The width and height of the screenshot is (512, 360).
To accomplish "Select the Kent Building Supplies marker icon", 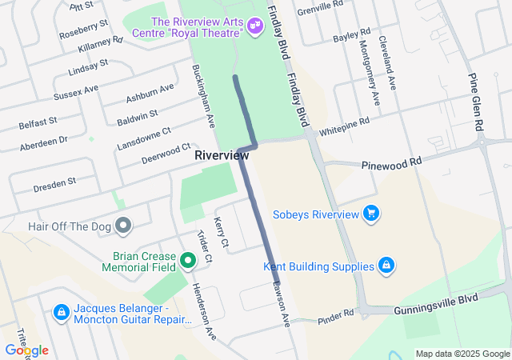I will click(x=386, y=266).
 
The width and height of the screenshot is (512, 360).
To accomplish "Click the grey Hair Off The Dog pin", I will click(x=122, y=226).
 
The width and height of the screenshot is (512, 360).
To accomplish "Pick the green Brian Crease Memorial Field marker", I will click(x=187, y=260).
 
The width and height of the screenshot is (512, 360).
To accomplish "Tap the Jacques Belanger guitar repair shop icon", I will click(x=61, y=311).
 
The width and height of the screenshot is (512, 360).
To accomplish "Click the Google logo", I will click(x=26, y=350).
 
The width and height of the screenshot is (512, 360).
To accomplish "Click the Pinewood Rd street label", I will click(x=391, y=162).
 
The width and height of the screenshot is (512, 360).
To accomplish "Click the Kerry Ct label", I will click(x=222, y=232).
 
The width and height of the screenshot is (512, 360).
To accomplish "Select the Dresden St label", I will click(x=54, y=183).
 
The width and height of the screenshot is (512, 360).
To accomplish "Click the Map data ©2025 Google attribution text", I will click(x=462, y=354).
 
